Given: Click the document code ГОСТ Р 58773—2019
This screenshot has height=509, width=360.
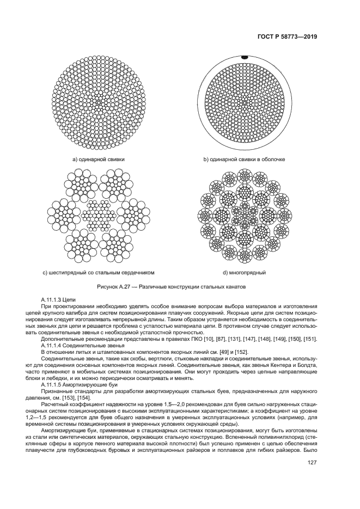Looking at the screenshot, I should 286,37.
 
